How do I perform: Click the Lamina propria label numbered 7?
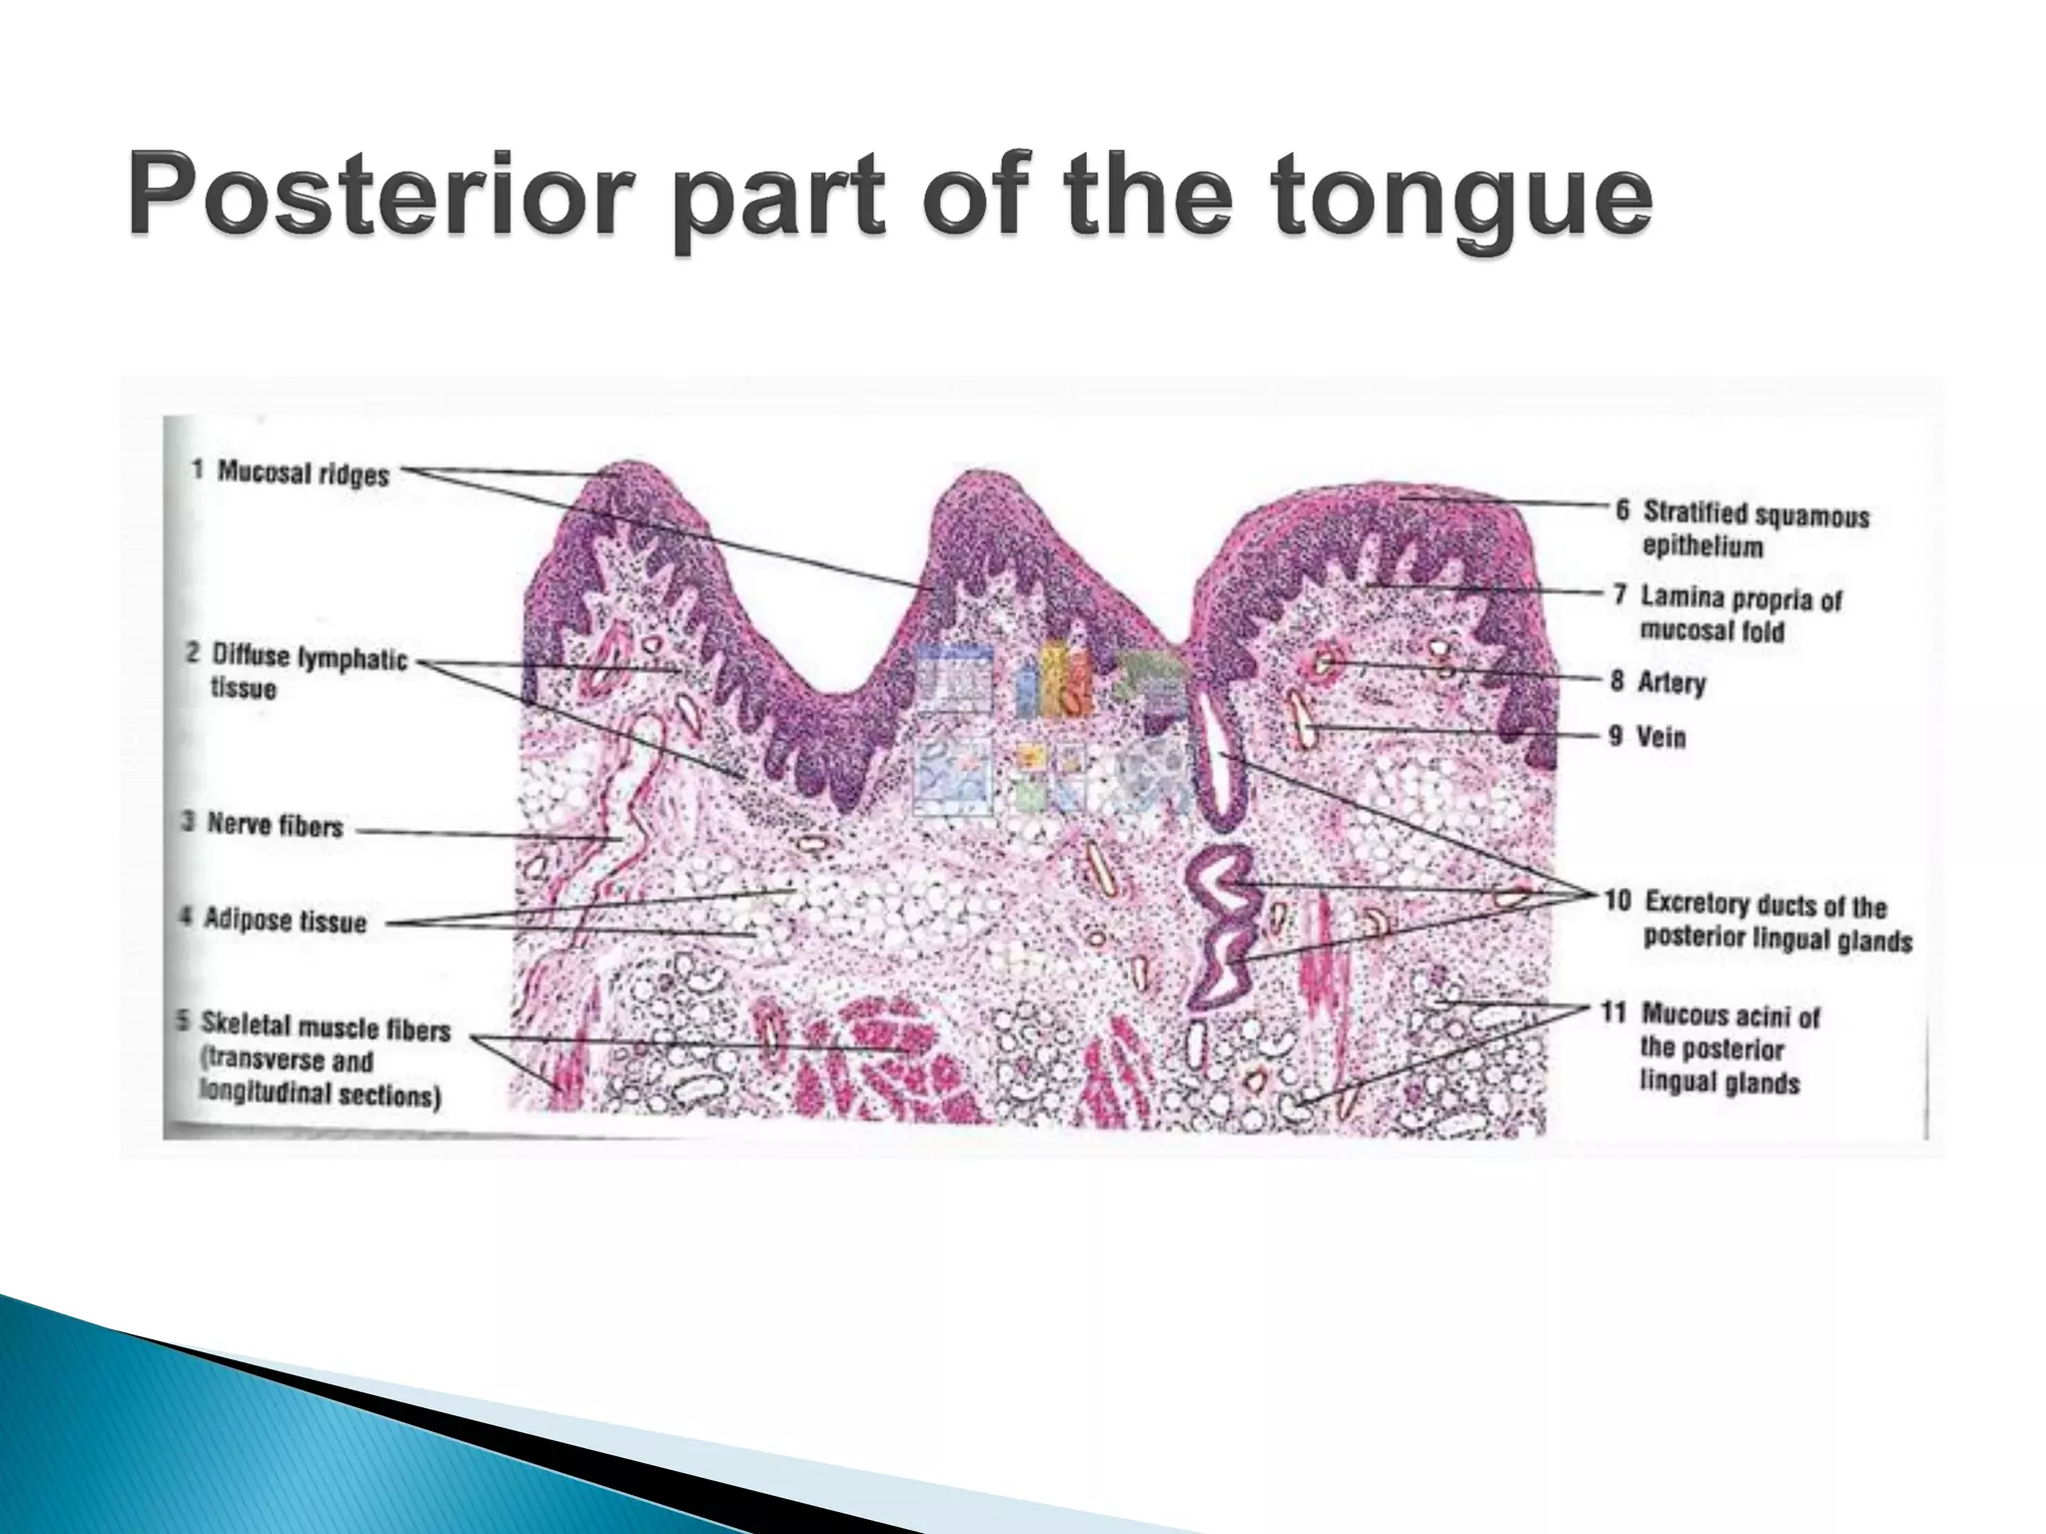tap(1740, 598)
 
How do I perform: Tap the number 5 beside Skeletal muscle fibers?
tap(183, 1022)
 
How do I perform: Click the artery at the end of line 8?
tap(1326, 661)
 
